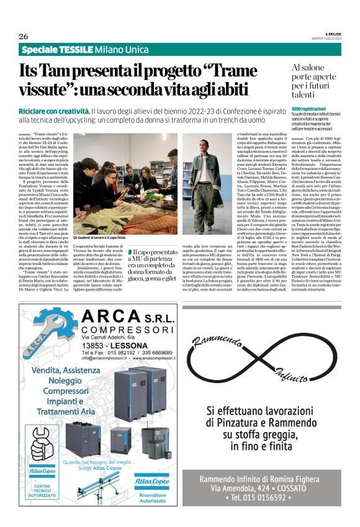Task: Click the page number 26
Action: tap(23, 36)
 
